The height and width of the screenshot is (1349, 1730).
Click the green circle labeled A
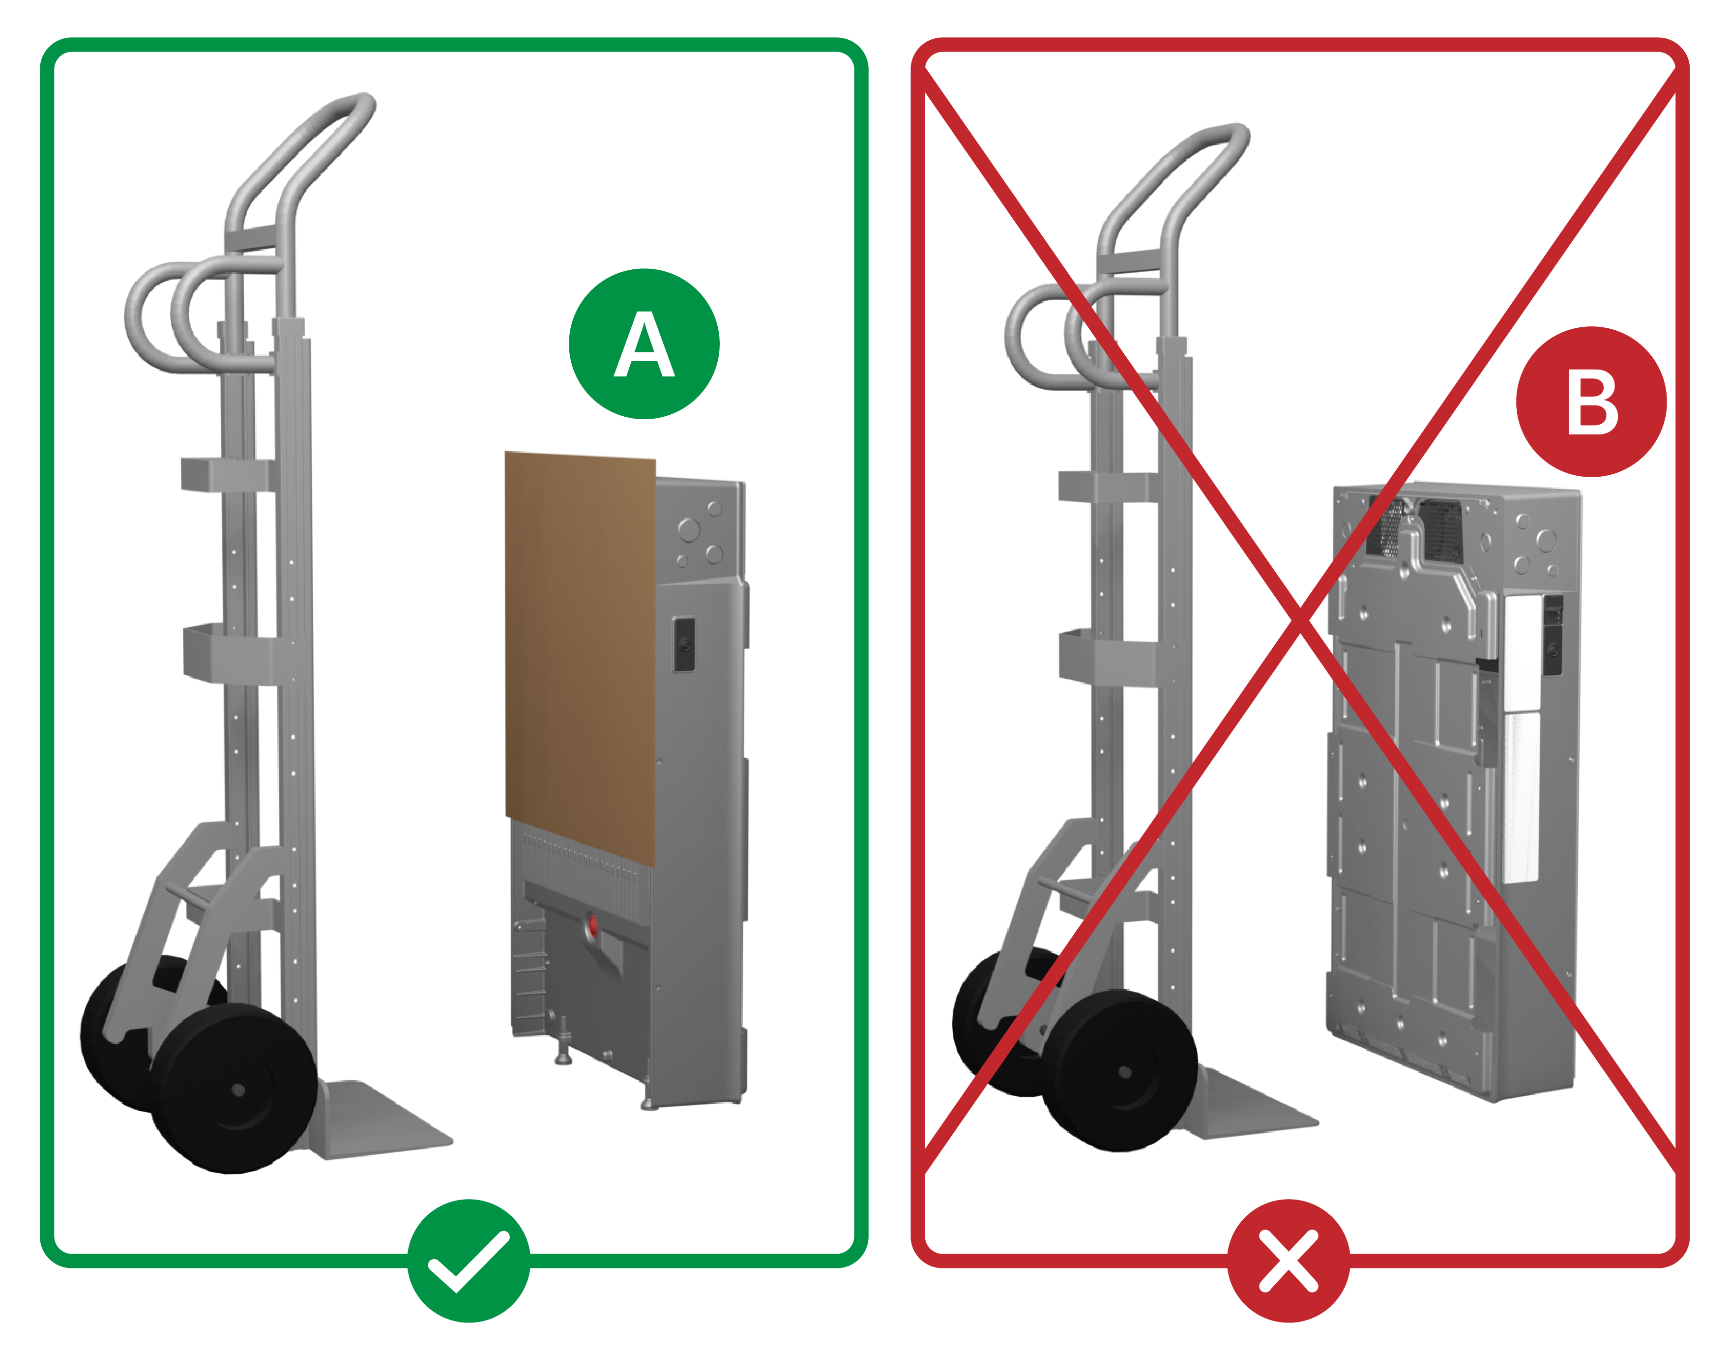click(x=644, y=344)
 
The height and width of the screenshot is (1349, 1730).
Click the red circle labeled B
click(x=1591, y=402)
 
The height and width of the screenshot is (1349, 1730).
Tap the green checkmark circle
click(x=469, y=1261)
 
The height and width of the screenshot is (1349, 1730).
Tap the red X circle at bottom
click(x=1288, y=1261)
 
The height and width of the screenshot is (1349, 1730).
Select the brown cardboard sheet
click(x=581, y=657)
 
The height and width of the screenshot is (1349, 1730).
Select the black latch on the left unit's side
click(x=684, y=644)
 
